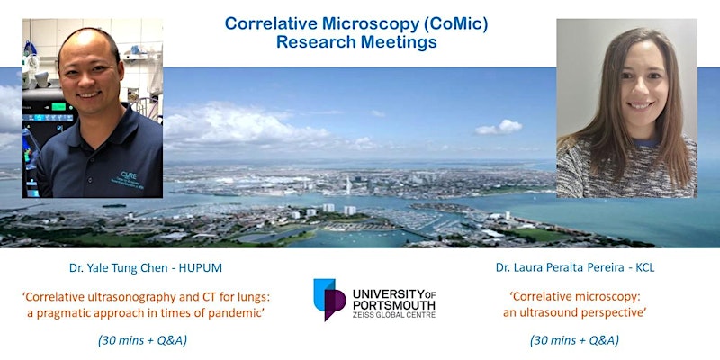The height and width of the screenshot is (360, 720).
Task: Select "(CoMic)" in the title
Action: pos(455,25)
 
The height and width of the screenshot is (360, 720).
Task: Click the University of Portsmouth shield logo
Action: pos(329,299)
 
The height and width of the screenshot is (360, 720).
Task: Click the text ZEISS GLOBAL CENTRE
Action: pos(394,316)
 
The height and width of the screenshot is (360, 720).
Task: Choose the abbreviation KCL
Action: pos(644,268)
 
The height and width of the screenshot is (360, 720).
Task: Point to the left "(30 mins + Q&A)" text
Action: pos(142,341)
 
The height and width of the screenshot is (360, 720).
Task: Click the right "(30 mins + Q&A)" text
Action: pos(574,341)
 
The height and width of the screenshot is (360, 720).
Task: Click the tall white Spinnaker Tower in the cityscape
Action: pos(348,185)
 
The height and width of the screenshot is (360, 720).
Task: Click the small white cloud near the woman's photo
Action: pos(499,127)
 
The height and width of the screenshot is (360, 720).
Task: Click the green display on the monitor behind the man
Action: pos(58,107)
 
